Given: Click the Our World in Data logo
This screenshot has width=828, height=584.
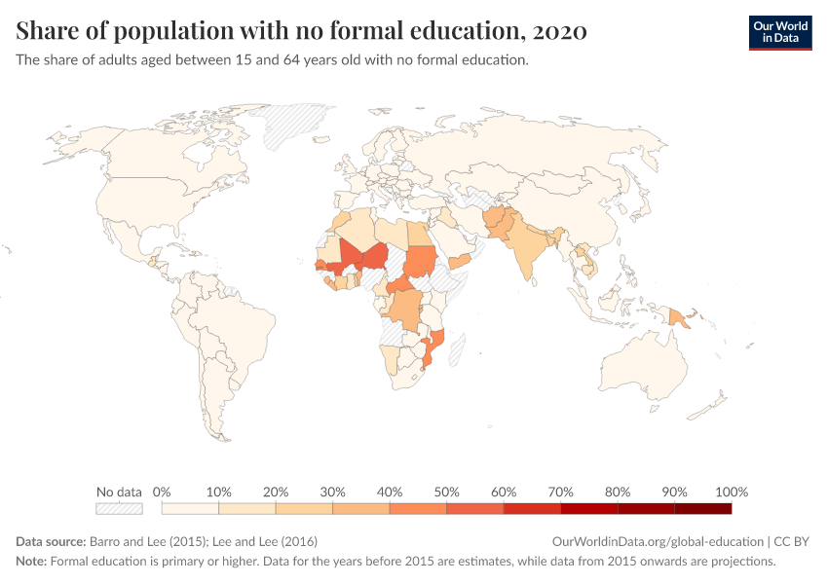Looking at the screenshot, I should [x=779, y=32].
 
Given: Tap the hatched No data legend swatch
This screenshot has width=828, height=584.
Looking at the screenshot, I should [x=119, y=508].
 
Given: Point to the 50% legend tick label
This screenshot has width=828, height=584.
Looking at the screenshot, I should [x=446, y=492].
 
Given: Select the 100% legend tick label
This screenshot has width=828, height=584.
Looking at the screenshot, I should [x=731, y=492].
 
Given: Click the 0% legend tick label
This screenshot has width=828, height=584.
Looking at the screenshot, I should [x=162, y=492].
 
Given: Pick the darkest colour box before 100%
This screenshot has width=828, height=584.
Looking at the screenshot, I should [x=702, y=508].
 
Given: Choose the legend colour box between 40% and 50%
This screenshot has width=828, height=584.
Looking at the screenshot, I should [x=418, y=508].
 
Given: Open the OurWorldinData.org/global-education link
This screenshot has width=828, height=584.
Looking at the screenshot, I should [x=658, y=541].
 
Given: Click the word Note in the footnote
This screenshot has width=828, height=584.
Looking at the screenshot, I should [x=31, y=562].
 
